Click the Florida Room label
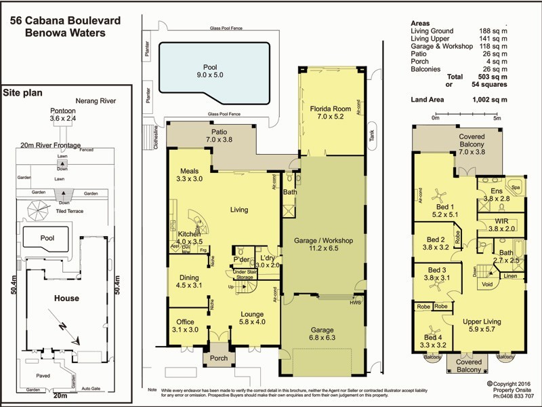tap(331, 109)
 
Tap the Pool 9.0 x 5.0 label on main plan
tap(210, 68)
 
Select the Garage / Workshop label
tap(324, 241)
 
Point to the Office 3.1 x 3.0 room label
tap(185, 322)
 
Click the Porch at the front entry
tap(219, 359)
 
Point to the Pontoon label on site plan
tap(63, 110)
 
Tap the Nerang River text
tap(96, 100)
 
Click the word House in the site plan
tap(66, 298)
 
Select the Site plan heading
tap(24, 92)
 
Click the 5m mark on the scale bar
tap(497, 118)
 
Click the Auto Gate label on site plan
tap(91, 389)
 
